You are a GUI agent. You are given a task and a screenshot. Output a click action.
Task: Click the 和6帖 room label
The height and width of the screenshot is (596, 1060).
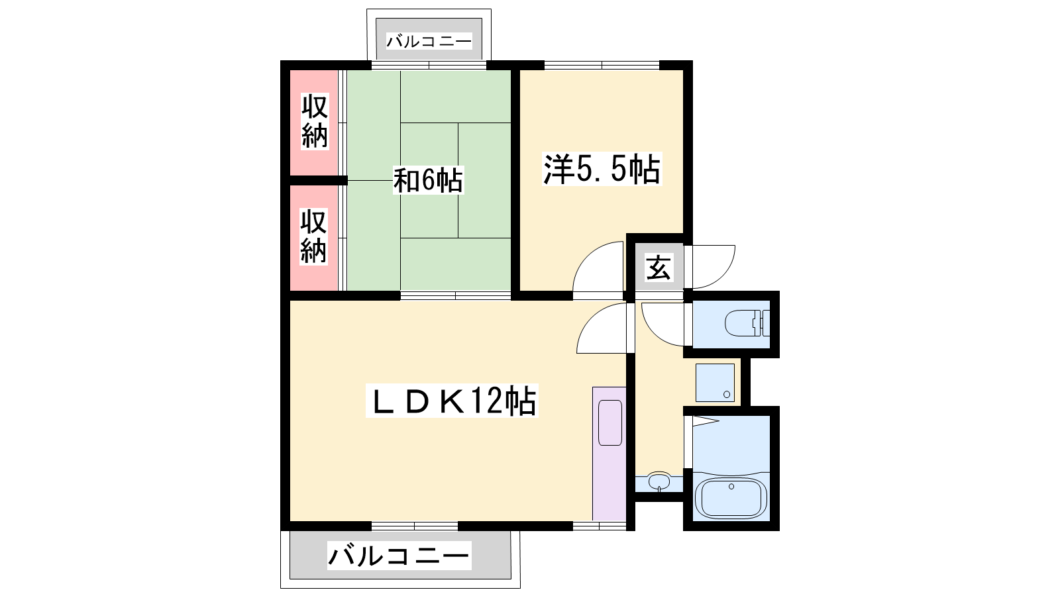point(428,180)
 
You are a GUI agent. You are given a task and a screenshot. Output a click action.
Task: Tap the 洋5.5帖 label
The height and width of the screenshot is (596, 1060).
point(602,169)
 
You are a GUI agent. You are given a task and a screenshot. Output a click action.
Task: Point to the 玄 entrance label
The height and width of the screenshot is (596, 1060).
point(659,268)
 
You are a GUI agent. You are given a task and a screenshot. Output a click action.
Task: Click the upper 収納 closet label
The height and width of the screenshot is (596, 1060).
point(315,121)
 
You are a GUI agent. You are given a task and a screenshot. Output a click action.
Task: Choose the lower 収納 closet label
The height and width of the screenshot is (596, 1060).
point(314,236)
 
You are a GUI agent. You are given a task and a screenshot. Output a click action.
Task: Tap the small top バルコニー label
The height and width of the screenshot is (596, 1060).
point(429,42)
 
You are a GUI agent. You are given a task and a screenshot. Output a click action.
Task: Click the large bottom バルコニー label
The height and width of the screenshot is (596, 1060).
point(399,556)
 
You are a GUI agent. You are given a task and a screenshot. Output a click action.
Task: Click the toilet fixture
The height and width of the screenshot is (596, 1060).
point(747,323)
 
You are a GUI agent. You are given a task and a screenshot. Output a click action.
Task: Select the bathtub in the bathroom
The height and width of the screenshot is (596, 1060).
point(731,498)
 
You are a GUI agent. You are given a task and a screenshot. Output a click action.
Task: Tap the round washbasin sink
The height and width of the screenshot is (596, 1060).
point(659,481)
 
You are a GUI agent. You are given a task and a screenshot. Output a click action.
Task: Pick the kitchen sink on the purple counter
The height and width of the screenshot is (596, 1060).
point(610,423)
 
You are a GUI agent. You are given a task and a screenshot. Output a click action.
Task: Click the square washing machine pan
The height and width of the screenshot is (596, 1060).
point(715,383)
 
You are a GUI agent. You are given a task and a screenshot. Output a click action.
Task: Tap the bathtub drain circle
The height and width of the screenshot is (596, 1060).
point(731,486)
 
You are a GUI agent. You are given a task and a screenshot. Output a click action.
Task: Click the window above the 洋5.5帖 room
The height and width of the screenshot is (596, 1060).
point(602,66)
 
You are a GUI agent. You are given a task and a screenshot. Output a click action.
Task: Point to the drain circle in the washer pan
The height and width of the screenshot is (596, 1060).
point(727,395)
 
